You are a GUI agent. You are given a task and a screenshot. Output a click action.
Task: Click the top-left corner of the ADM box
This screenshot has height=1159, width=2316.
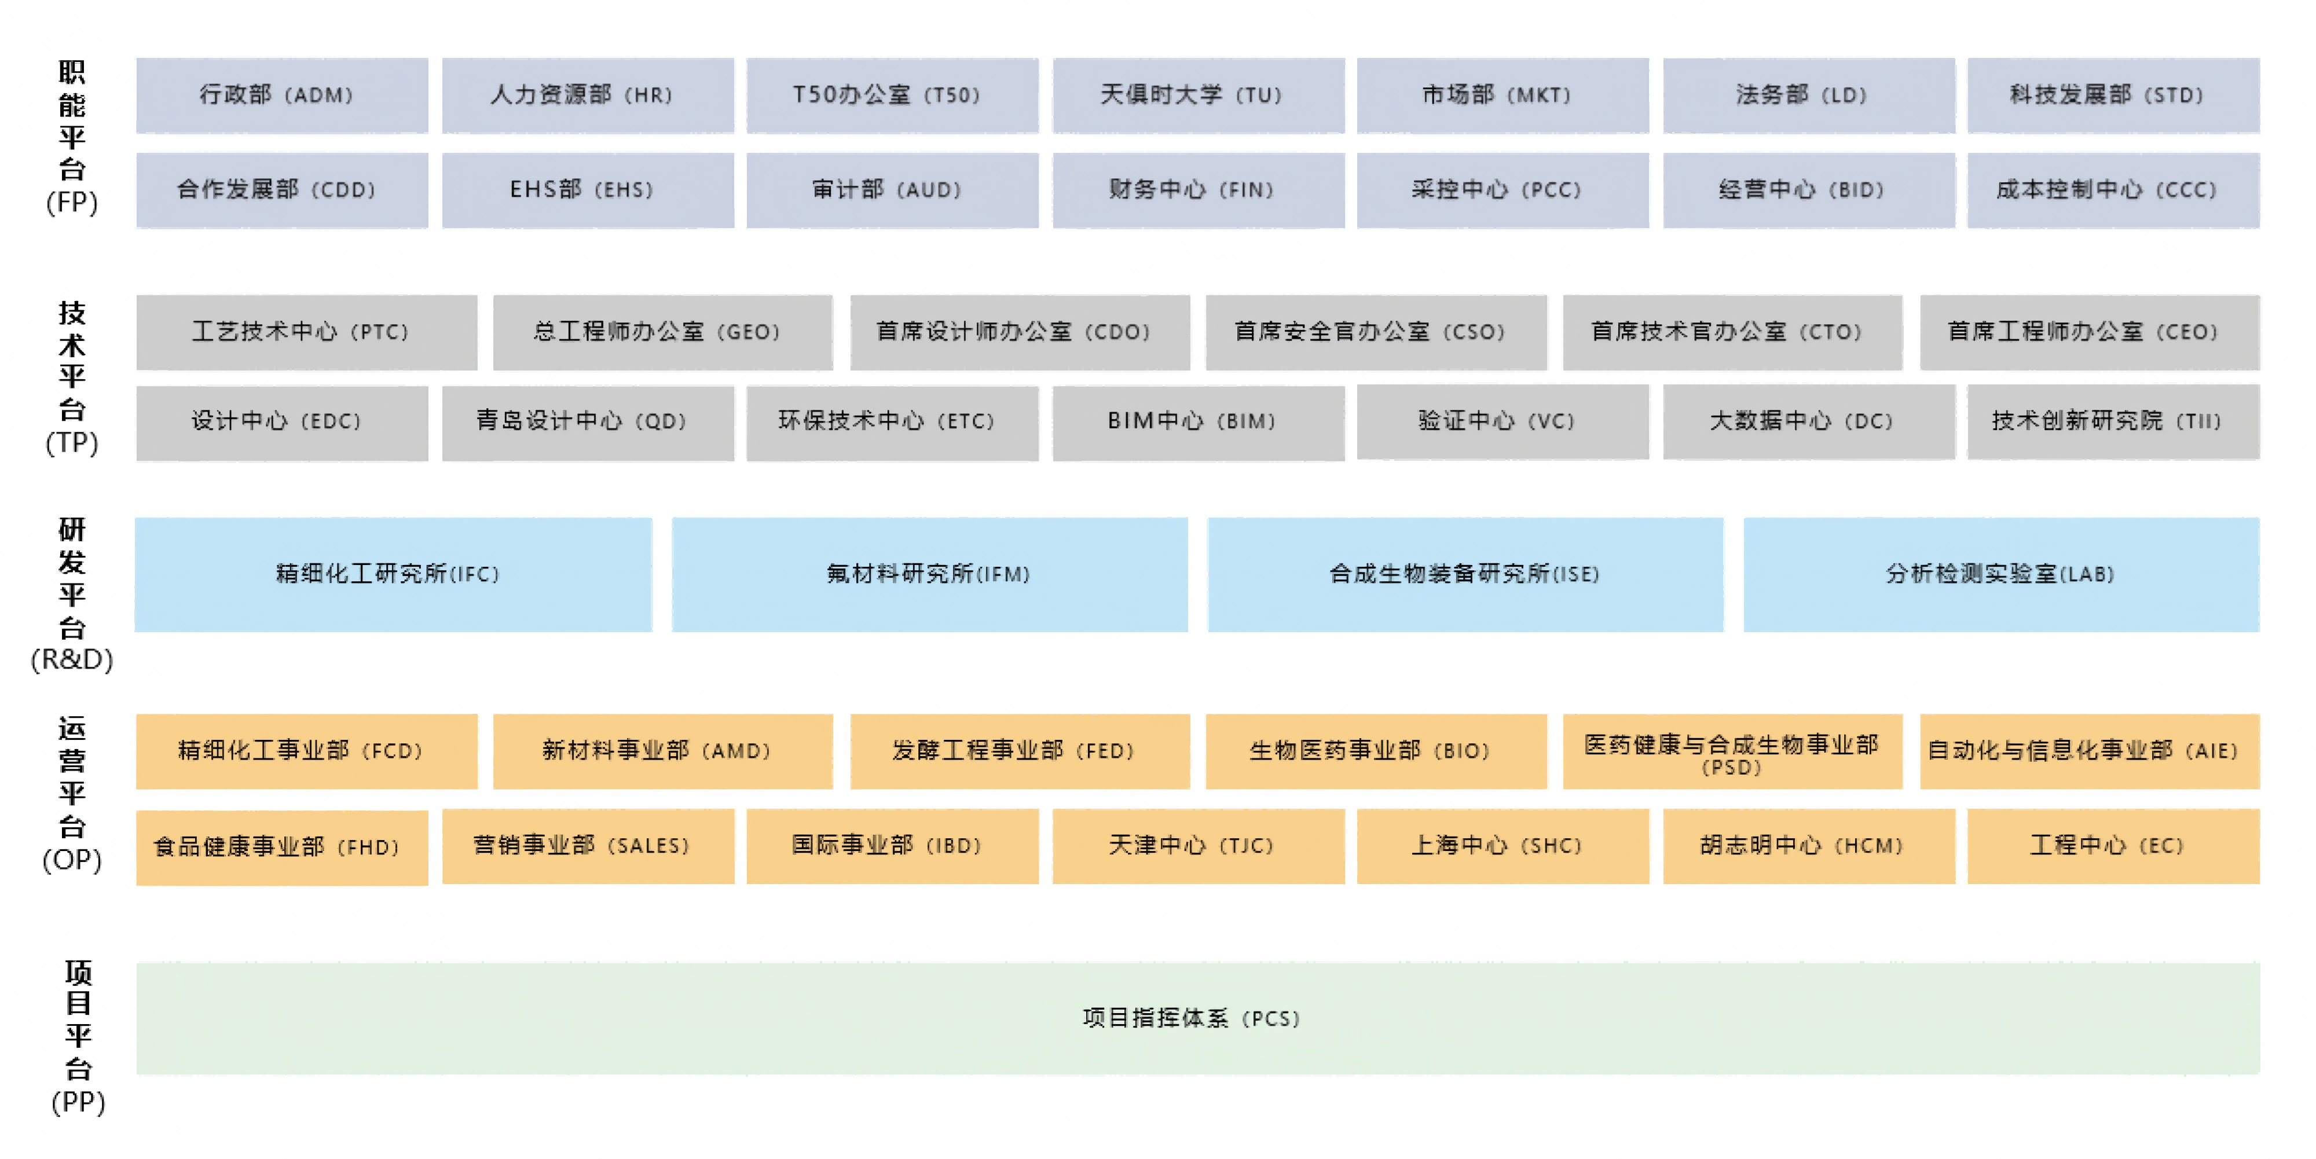(137, 58)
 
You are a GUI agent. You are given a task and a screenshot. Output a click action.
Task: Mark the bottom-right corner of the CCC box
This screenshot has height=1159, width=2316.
(2259, 228)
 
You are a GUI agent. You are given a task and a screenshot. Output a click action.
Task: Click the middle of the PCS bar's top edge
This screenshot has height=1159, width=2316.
(1197, 964)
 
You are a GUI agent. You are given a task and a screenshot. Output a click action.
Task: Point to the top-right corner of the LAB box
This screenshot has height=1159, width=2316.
(2259, 518)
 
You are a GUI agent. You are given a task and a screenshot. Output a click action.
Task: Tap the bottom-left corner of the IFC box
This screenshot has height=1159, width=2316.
(135, 631)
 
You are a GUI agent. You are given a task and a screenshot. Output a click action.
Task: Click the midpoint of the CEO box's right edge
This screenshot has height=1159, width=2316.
(2259, 333)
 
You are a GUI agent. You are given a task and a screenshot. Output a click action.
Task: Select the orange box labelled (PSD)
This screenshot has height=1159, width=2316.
(1732, 751)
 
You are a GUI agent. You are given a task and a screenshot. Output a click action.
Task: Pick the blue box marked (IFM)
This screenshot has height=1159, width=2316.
(930, 574)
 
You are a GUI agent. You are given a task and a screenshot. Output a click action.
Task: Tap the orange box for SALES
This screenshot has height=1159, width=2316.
(588, 847)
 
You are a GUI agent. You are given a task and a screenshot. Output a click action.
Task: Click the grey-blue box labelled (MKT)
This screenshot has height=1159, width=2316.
(1503, 96)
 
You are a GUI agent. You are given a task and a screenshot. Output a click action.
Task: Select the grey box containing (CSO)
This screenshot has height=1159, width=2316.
(1376, 333)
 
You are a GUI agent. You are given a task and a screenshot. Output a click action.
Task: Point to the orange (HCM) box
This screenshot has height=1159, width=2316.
(1809, 847)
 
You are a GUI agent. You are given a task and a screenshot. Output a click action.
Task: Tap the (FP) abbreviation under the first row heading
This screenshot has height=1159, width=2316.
(72, 202)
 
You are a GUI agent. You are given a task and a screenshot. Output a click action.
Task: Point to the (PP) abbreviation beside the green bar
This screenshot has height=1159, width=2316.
(78, 1102)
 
